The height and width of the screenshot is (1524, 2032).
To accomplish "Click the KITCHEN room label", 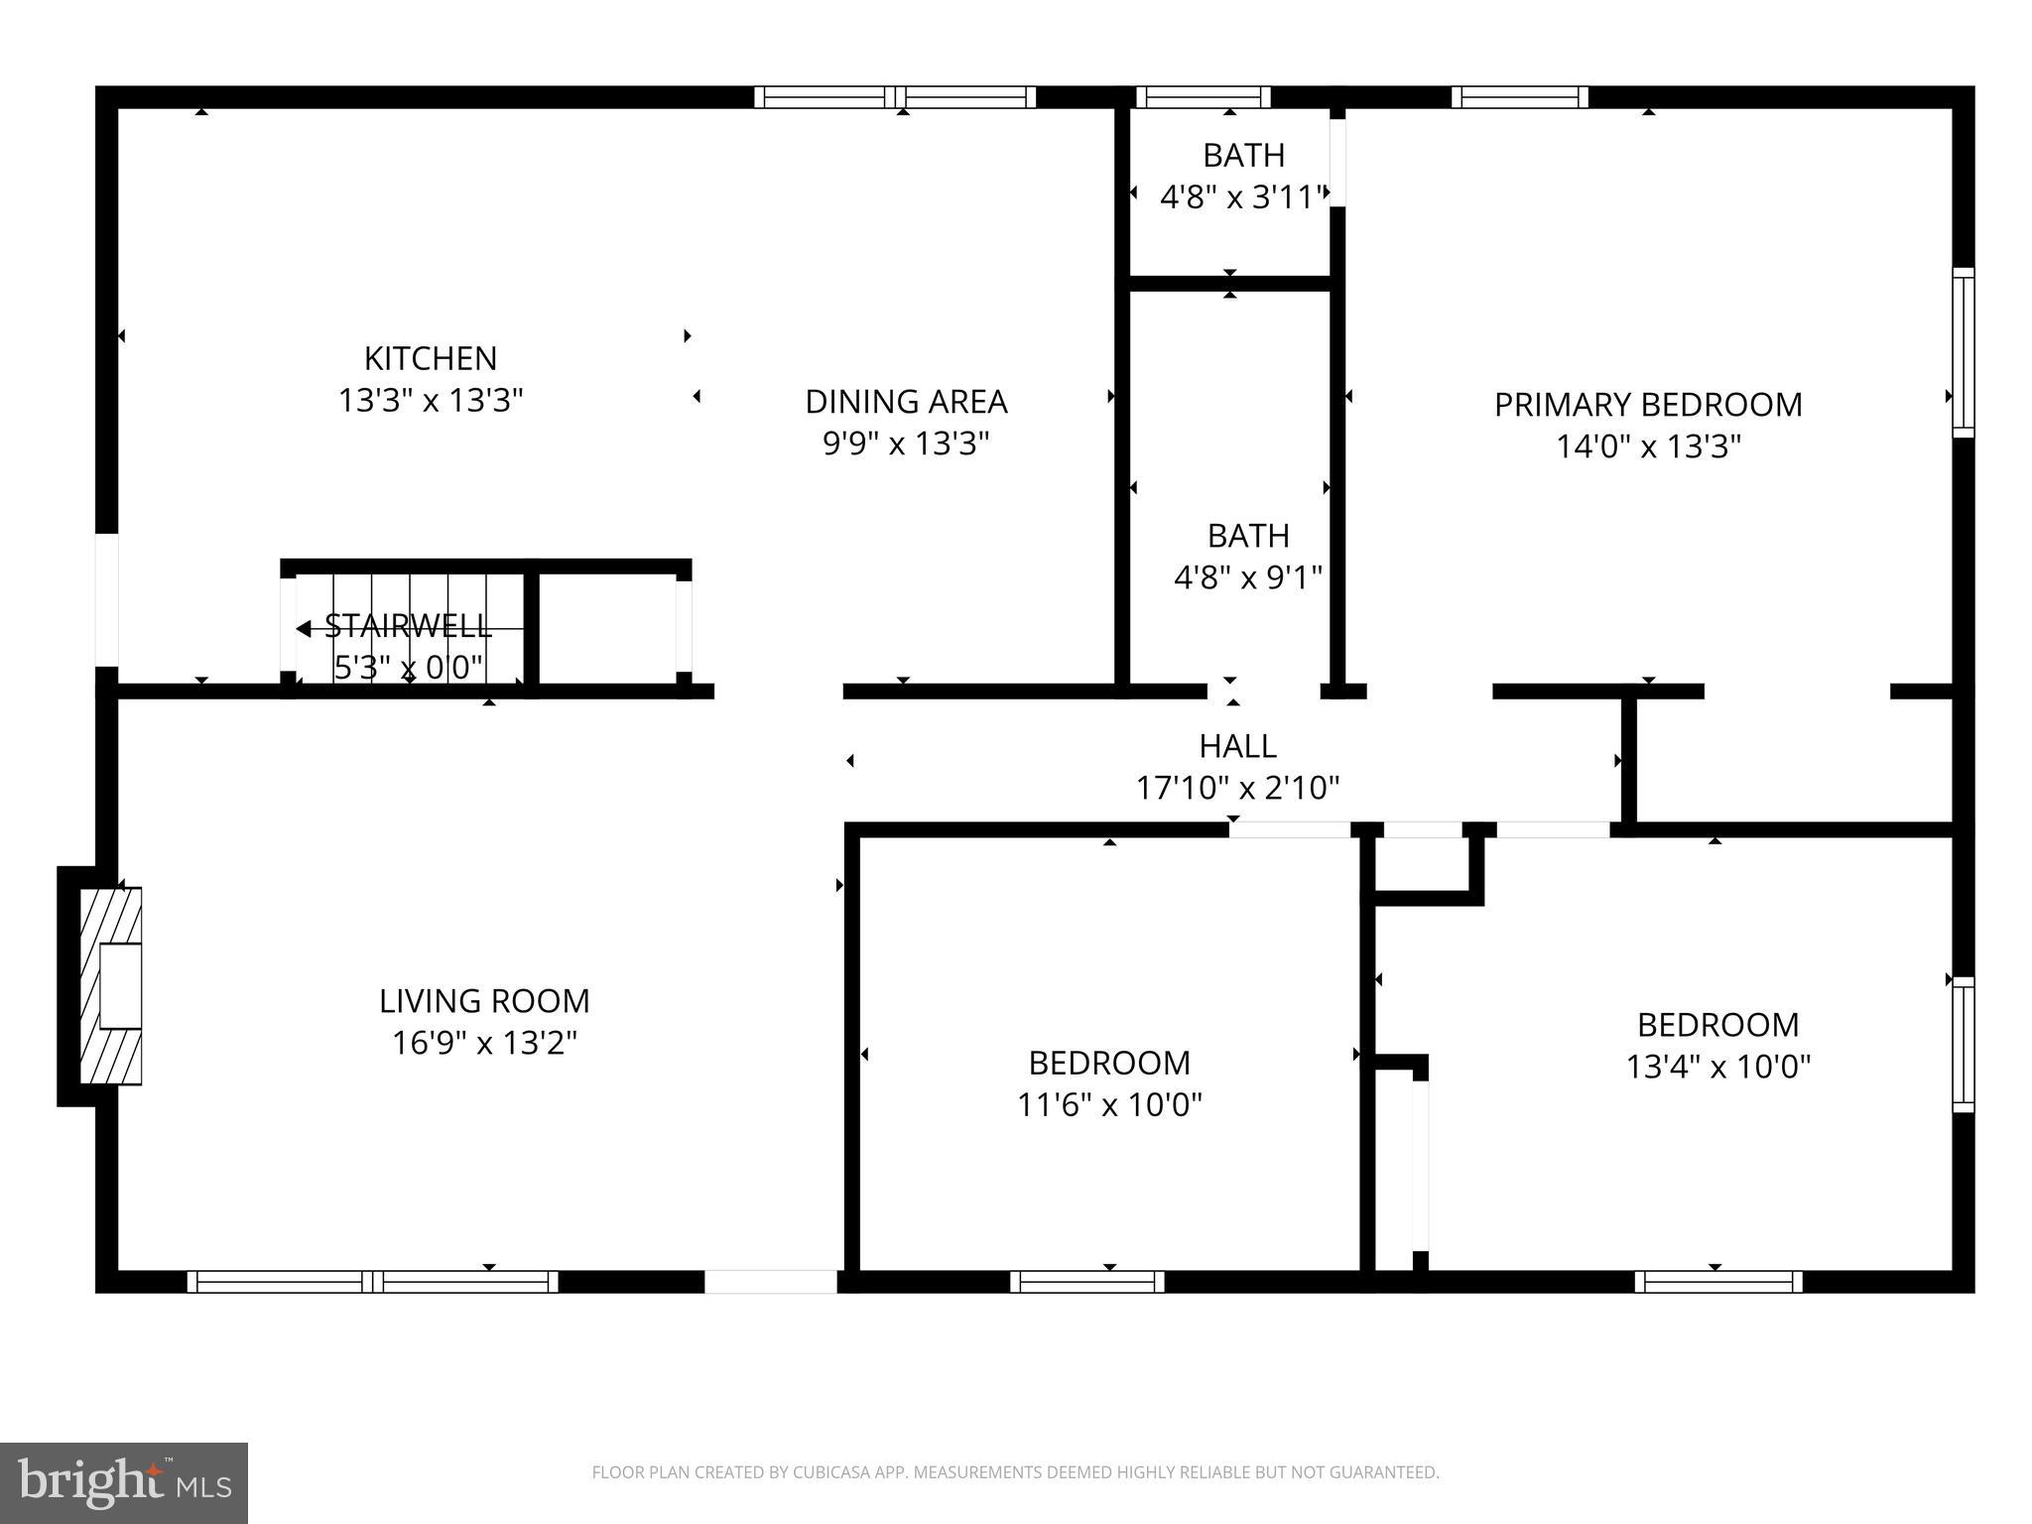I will tap(431, 358).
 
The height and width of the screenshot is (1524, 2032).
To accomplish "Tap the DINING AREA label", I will tap(906, 402).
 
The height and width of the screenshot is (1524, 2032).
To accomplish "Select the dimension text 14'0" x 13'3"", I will tap(1648, 446).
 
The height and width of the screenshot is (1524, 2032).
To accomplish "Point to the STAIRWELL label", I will tap(408, 626).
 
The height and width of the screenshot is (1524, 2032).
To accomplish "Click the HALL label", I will tap(1237, 745).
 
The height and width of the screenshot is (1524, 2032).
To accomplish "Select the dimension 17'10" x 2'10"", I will tap(1237, 788).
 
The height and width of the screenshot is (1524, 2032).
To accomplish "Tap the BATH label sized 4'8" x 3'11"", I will tap(1243, 156).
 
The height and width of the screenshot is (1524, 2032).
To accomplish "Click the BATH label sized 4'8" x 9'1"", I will tap(1248, 536).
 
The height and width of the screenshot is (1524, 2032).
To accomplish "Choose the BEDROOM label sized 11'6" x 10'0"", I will tap(1109, 1063).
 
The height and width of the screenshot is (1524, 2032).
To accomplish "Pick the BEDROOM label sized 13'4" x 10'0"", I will tap(1717, 1024).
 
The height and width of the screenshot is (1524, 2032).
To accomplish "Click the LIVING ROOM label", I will tap(484, 1001).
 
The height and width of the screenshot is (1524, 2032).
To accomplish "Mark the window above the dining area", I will tap(895, 97).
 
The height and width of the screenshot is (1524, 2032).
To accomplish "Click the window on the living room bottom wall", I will tap(373, 1282).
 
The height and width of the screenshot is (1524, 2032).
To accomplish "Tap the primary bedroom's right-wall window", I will tap(1963, 352).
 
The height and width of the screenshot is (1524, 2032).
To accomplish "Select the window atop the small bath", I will tap(1203, 97).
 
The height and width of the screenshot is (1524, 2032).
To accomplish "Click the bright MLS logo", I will tap(123, 1482).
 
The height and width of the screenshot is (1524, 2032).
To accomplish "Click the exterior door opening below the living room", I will tap(771, 1282).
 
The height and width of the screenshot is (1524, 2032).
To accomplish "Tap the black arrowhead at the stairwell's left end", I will tap(303, 628).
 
